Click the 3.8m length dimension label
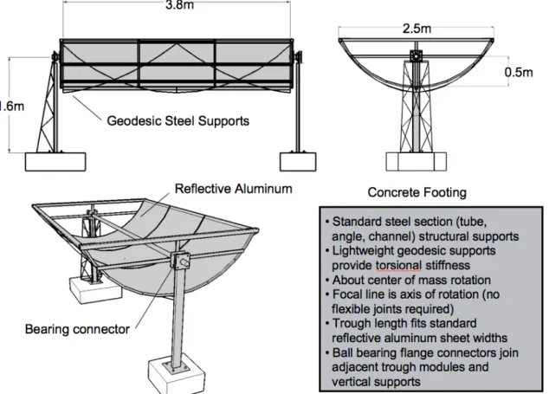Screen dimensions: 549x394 tap(179, 5)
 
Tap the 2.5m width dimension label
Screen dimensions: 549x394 tap(417, 29)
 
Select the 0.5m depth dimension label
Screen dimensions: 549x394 tap(519, 72)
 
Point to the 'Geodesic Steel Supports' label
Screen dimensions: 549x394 tap(178, 121)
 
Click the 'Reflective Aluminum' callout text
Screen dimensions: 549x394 tap(233, 189)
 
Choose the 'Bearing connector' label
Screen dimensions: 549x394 tap(77, 329)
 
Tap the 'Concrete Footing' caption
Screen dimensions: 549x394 tap(417, 192)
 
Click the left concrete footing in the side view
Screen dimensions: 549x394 tap(55, 162)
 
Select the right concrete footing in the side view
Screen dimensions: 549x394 tap(298, 162)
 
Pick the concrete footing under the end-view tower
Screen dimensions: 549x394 tap(417, 161)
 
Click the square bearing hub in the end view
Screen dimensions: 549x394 tap(417, 56)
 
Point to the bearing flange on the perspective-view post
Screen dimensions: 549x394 tap(180, 261)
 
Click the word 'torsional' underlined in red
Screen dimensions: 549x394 tap(398, 266)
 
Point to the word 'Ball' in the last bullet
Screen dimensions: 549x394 tap(343, 352)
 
